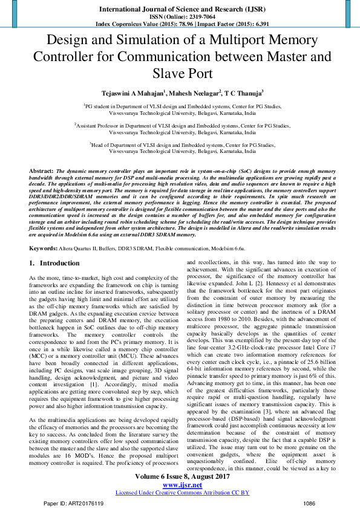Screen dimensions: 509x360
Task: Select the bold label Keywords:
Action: coord(44,248)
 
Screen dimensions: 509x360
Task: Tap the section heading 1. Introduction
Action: coord(54,264)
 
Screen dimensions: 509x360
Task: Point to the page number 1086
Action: coord(309,503)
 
